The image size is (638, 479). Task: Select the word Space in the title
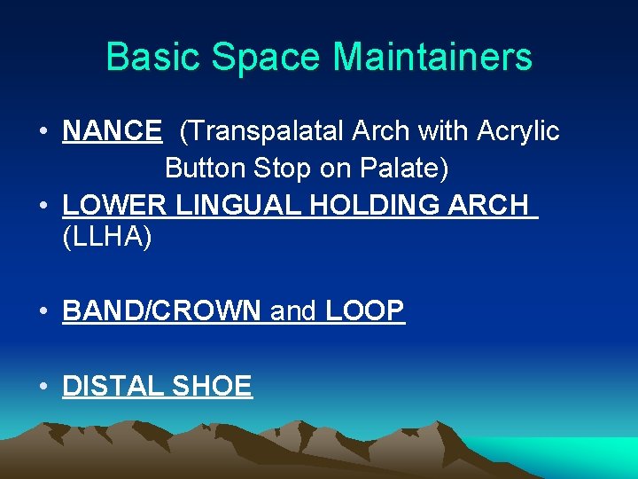coord(265,58)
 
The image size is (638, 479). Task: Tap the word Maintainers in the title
coord(432,58)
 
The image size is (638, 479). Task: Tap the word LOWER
coord(114,204)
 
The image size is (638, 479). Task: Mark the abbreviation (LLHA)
coord(107,238)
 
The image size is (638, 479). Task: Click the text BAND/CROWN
coord(162,311)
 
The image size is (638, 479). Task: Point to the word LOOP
coord(365,311)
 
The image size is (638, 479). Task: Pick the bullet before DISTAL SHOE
coord(43,387)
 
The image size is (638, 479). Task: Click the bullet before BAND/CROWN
coord(43,312)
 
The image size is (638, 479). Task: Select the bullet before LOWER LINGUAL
coord(43,205)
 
